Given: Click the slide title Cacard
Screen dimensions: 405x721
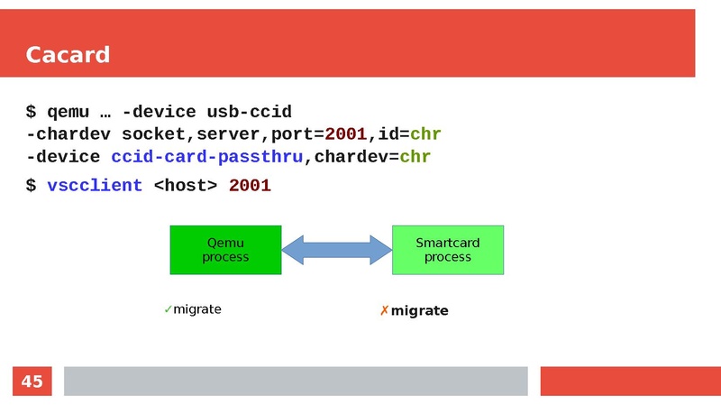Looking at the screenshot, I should click(x=68, y=55).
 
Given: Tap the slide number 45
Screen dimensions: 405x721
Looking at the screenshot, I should click(x=32, y=382).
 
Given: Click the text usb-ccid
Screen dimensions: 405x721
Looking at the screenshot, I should click(x=250, y=112).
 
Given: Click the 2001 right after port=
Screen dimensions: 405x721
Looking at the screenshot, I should click(x=346, y=134).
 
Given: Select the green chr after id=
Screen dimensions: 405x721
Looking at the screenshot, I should click(x=424, y=134).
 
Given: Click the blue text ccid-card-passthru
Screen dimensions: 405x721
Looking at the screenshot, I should click(x=206, y=157).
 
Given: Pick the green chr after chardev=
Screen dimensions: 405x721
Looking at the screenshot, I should click(x=415, y=157).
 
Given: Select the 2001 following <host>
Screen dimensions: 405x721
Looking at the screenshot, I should click(x=250, y=185).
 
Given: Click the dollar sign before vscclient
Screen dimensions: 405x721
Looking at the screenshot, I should click(x=31, y=185).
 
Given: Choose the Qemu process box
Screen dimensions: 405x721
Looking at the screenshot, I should click(x=225, y=250).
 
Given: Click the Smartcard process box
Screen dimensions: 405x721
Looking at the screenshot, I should click(x=447, y=250).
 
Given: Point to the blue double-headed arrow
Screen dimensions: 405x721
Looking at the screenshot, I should click(x=336, y=250).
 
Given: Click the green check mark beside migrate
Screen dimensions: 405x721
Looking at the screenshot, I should click(x=168, y=309).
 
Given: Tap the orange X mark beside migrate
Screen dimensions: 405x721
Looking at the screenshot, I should click(x=384, y=311).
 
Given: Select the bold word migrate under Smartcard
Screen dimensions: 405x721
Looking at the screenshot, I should click(x=419, y=311).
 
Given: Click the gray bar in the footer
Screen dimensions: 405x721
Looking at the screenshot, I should click(x=295, y=381).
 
